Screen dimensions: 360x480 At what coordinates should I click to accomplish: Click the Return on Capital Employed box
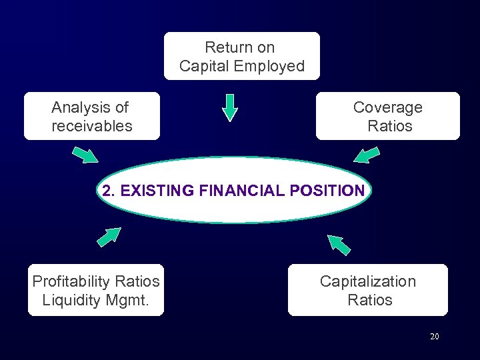tap(241, 56)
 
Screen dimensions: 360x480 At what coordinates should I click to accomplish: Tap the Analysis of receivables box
tap(92, 116)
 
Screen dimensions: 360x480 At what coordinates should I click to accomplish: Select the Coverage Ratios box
tap(388, 116)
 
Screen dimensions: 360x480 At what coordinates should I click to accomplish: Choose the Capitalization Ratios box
tap(368, 290)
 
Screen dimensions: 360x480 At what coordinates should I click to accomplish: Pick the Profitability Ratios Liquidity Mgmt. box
tap(96, 290)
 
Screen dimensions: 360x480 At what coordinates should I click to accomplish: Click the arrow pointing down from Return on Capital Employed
tap(229, 107)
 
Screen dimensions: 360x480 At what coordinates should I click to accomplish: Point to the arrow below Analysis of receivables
tap(85, 154)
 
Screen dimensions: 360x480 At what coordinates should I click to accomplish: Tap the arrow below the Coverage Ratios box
tap(366, 155)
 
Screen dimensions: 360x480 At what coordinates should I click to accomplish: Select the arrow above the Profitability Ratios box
tap(109, 237)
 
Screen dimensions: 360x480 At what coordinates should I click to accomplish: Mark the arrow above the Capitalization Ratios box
tap(339, 244)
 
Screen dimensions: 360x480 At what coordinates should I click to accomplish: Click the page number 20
tap(434, 337)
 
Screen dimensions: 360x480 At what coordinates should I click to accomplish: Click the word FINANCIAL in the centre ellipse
tap(241, 191)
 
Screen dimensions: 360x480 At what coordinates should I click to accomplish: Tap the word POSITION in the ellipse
tap(327, 191)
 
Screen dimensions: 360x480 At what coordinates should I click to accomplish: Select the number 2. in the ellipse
tap(109, 191)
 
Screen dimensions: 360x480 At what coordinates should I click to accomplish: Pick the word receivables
tap(92, 126)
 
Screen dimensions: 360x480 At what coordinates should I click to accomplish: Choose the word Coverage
tap(388, 107)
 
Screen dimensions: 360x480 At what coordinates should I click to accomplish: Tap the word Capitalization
tap(368, 281)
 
